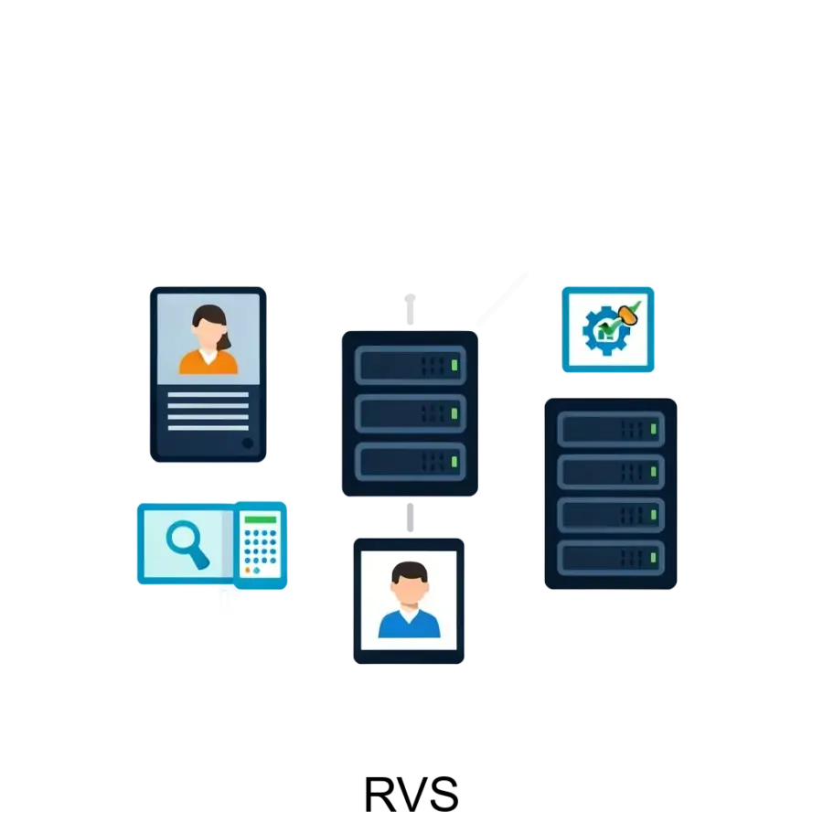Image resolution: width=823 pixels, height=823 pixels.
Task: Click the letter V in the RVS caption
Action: (x=412, y=794)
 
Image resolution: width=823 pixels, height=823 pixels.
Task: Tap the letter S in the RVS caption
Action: (x=444, y=794)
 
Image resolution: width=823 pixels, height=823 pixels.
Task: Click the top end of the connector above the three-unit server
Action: (x=410, y=297)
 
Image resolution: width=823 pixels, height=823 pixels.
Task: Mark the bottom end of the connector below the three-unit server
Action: (x=410, y=531)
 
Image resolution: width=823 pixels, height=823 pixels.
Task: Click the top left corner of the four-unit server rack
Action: (x=545, y=399)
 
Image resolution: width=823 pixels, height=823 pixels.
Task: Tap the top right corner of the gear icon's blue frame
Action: (x=654, y=287)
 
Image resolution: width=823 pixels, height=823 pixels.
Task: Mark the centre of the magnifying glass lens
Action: (x=182, y=537)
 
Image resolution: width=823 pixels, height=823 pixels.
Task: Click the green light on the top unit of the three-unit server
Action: (x=454, y=365)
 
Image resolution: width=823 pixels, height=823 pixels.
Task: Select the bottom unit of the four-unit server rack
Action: (x=611, y=558)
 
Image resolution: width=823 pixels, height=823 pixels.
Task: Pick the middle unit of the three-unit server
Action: (x=410, y=413)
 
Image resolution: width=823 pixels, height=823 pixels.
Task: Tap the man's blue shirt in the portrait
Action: (x=410, y=624)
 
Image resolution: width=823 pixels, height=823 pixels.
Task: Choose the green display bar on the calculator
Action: (x=261, y=519)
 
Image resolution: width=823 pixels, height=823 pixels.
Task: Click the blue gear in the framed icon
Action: (x=606, y=330)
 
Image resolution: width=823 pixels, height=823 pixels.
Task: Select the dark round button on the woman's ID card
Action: (x=247, y=443)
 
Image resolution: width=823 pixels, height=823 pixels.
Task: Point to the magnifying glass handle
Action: (x=199, y=559)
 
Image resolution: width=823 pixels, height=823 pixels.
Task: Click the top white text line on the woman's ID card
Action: (x=208, y=395)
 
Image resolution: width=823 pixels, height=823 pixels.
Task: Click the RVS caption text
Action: (x=411, y=794)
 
